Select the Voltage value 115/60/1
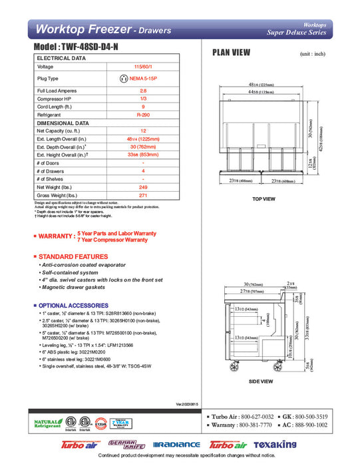pos(143,67)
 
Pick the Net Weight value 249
pos(143,188)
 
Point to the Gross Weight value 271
pos(143,196)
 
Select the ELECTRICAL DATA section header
pos(61,59)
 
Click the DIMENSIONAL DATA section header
pos(63,123)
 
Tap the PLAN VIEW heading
pos(231,53)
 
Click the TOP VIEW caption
pos(264,199)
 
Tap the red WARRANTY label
pos(55,236)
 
